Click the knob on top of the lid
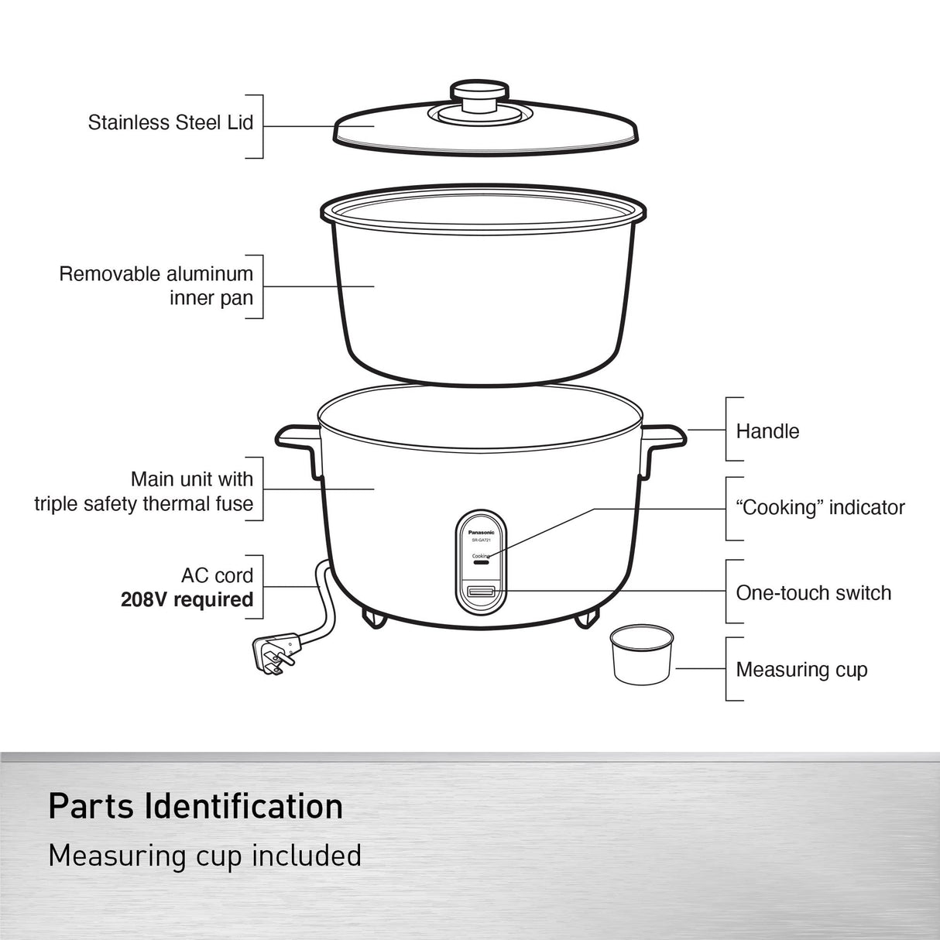476,98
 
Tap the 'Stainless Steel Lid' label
170,122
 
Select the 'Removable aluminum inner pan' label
156,286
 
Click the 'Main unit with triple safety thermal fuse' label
144,492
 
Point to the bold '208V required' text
187,600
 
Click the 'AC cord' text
217,575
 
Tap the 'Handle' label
767,431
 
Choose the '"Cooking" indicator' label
820,508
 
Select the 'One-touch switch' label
813,593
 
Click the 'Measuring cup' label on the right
801,670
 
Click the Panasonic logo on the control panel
481,533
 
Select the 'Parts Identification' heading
196,806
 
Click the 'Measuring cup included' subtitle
204,856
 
